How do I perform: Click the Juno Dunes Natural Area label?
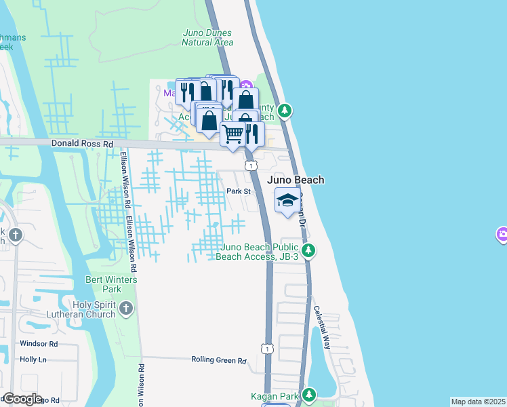pos(207,37)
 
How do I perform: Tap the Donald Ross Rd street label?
pos(83,144)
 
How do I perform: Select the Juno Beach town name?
pos(296,180)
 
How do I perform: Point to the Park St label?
pos(239,192)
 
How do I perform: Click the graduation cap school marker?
pos(287,200)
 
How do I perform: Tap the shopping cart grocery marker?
pos(233,134)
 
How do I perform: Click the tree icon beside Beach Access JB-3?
pos(308,251)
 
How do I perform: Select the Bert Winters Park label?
pos(112,284)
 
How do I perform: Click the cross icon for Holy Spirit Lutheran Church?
pos(125,309)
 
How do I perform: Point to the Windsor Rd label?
pos(39,344)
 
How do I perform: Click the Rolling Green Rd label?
pos(218,360)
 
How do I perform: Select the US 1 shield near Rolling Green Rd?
pos(268,348)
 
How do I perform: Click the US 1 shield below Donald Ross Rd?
pos(251,165)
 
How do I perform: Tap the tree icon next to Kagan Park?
pos(310,394)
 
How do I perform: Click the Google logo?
pos(22,399)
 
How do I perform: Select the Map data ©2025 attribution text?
pos(479,402)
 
